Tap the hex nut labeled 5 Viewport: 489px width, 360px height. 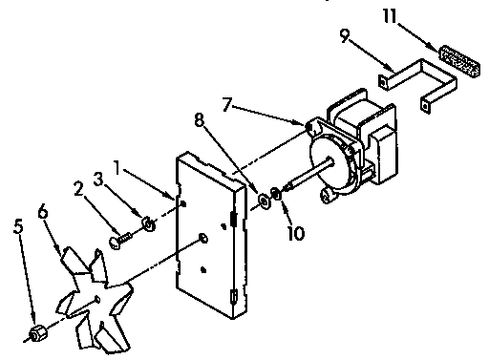tap(36, 332)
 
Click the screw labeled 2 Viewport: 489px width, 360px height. tap(119, 243)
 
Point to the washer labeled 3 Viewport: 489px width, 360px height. tap(148, 224)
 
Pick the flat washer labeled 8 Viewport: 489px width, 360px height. tap(261, 201)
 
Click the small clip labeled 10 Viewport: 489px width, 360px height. tap(277, 197)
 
